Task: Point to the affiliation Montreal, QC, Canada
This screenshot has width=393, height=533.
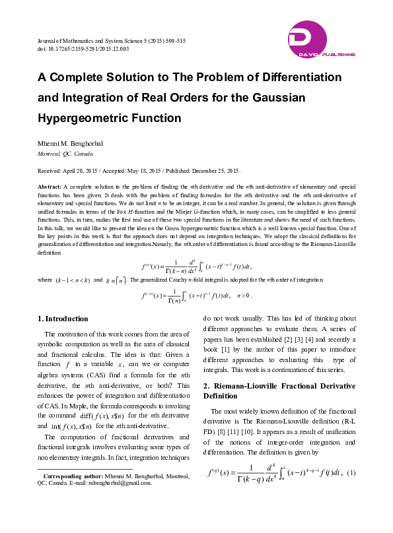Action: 65,152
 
